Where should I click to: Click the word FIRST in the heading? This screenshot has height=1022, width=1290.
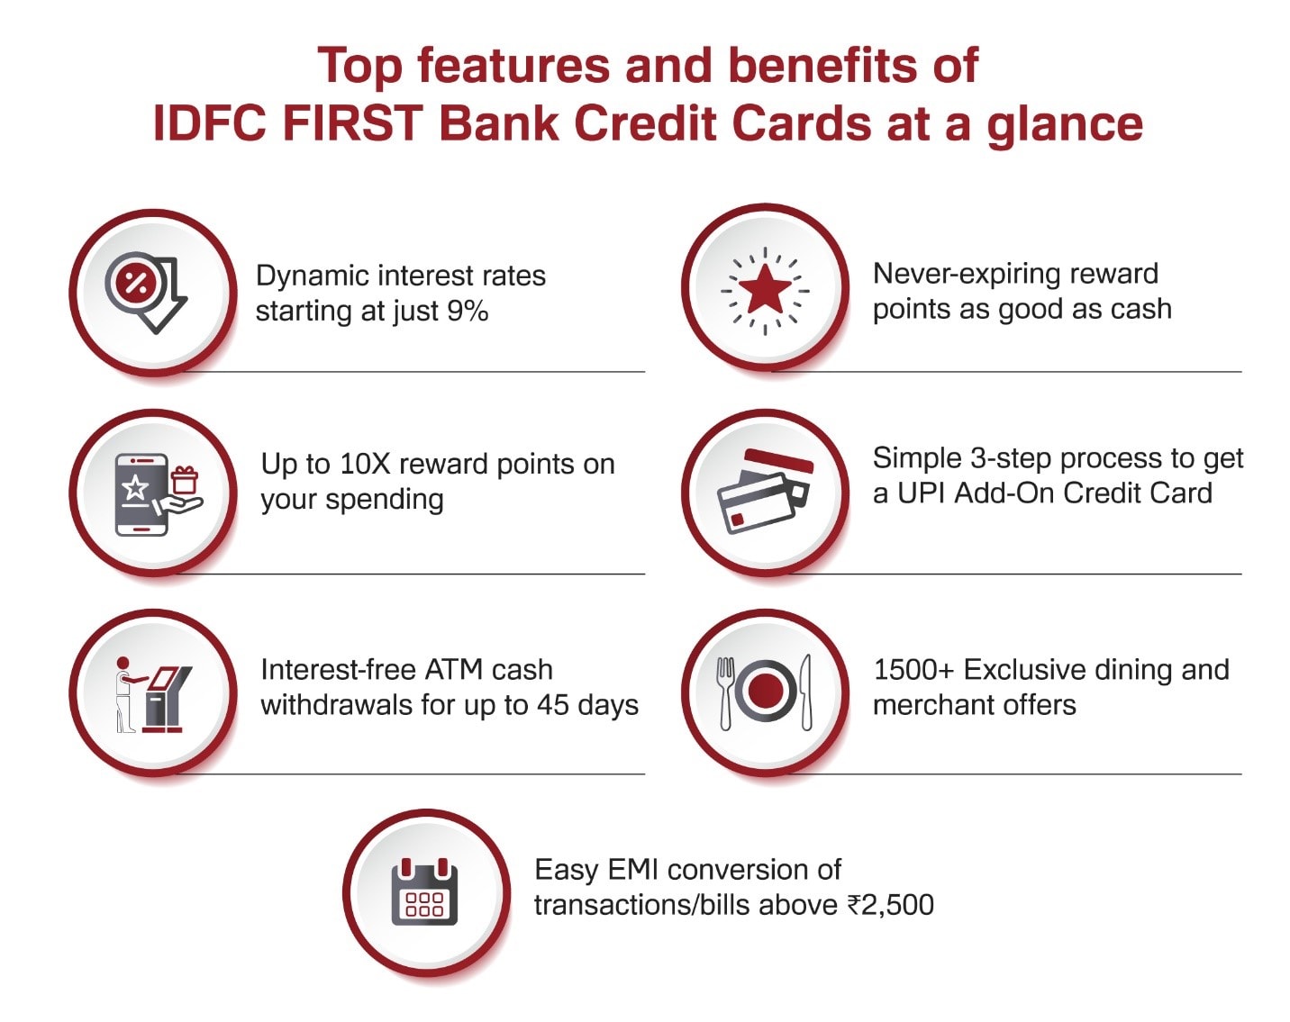coord(352,123)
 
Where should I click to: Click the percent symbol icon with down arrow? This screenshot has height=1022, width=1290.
coord(146,292)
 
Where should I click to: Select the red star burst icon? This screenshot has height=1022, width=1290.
coord(765,291)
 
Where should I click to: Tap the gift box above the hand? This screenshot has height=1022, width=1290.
coord(184,480)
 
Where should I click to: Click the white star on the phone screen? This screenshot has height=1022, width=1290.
coord(135,488)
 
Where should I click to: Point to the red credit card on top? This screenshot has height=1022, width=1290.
coord(778,462)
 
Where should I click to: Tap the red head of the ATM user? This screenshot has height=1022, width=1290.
coord(123,665)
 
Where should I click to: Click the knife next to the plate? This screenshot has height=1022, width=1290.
coord(806,692)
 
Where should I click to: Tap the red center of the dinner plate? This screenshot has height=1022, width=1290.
coord(766,692)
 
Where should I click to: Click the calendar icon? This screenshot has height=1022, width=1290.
coord(424,891)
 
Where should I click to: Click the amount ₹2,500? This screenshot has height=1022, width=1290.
coord(891,905)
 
